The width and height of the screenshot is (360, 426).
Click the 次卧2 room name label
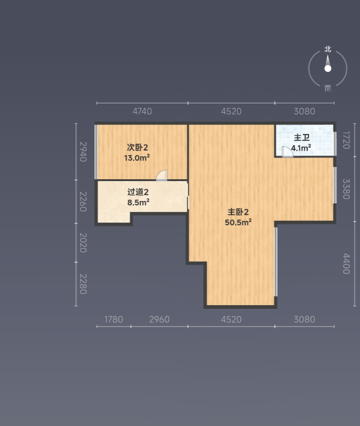(137, 148)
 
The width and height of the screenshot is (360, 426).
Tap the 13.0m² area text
(137, 158)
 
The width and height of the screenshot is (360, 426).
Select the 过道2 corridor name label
(138, 192)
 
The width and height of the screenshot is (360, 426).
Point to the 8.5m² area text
(138, 202)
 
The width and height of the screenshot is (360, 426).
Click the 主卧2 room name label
(238, 212)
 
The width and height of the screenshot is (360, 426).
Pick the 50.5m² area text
(238, 222)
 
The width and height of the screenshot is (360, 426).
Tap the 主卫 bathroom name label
(302, 138)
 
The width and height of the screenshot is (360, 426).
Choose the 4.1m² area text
(301, 148)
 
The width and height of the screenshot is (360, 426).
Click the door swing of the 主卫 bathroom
(287, 152)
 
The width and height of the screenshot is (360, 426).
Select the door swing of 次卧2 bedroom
(162, 175)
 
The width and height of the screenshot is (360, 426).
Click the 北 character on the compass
(328, 49)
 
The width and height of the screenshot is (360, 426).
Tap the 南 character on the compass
(328, 88)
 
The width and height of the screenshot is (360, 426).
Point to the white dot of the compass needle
(328, 68)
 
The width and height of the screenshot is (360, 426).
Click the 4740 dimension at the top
(142, 112)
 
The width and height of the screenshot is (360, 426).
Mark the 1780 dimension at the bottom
(114, 319)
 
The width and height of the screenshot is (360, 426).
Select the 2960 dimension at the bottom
(160, 319)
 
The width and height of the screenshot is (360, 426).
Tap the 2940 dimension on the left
(83, 152)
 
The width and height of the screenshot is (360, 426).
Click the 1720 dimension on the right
(346, 140)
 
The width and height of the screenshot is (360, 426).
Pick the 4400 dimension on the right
(346, 264)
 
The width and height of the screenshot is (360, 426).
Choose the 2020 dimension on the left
(83, 243)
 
